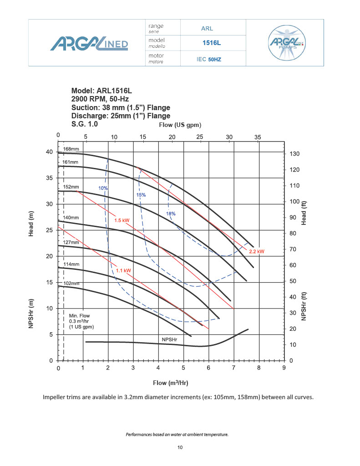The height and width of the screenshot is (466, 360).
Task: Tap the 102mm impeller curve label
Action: pos(71,284)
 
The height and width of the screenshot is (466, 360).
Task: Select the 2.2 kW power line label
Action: pos(256,251)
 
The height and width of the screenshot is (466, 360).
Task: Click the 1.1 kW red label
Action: pos(123,270)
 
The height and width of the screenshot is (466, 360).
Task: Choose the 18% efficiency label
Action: pos(171,213)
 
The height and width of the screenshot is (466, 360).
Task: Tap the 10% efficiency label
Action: pos(103,188)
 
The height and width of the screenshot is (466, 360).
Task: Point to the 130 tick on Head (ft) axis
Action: pos(295,154)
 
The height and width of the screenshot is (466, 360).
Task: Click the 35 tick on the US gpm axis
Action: pos(258,137)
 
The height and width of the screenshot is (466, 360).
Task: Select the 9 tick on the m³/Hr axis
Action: pos(284,368)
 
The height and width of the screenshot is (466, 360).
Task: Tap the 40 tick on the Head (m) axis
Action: pos(49,152)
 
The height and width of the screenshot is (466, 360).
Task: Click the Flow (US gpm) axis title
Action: pos(180,125)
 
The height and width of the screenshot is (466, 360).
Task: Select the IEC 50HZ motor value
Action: pos(209,59)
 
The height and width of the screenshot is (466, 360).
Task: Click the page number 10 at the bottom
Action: pos(180,448)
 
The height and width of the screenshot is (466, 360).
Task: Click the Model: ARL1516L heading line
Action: pos(101,91)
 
